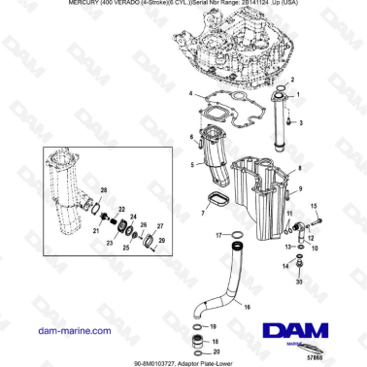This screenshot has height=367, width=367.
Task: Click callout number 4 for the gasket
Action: [x=192, y=95]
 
